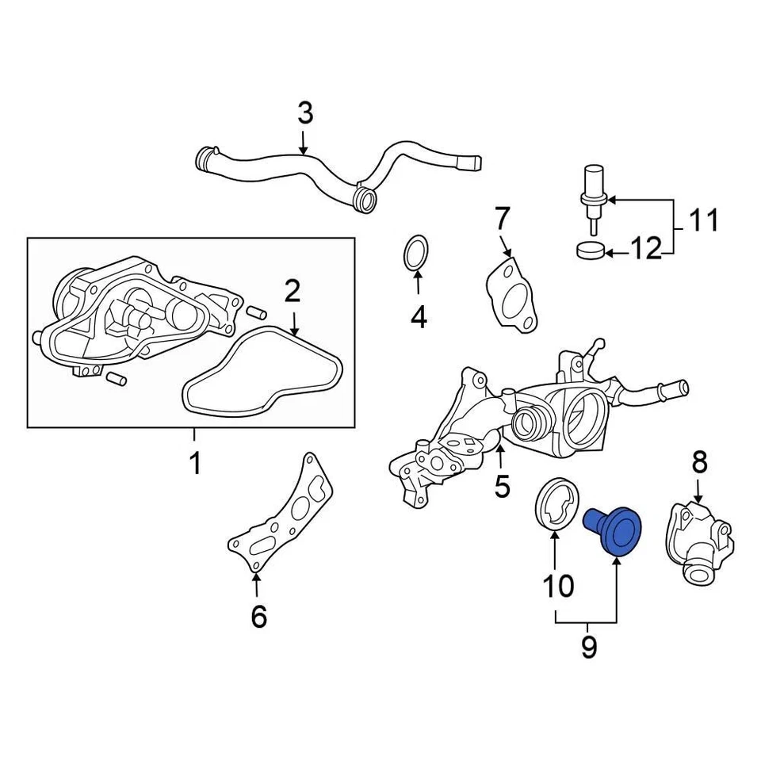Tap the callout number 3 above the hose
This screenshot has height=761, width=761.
(305, 113)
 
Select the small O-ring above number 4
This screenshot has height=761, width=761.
(417, 253)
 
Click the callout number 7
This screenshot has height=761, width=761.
(503, 218)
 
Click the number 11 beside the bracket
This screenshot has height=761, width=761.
(702, 220)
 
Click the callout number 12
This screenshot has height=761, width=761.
(645, 250)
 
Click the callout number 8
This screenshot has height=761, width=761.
(698, 461)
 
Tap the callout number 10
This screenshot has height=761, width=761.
(557, 586)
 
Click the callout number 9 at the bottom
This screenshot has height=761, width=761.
(588, 647)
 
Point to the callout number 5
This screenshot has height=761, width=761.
(502, 485)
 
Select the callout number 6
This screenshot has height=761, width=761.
(258, 615)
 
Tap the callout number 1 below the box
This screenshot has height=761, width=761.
(195, 463)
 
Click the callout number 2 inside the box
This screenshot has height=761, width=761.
(293, 293)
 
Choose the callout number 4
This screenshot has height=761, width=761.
(419, 317)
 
